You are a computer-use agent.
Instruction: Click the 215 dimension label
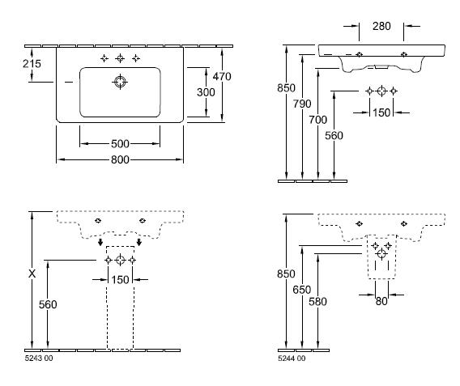pos(32,64)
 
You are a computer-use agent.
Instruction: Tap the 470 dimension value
pos(222,77)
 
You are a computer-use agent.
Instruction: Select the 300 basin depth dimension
pos(206,92)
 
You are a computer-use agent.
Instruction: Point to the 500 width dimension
pos(120,143)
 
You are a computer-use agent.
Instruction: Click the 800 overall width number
pos(120,159)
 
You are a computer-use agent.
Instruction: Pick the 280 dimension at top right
pos(381,27)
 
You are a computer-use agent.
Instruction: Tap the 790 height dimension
pos(302,104)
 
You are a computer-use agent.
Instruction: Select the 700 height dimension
pos(318,120)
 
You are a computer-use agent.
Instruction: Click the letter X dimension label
pos(32,274)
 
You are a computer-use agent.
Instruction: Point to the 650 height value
pos(302,290)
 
